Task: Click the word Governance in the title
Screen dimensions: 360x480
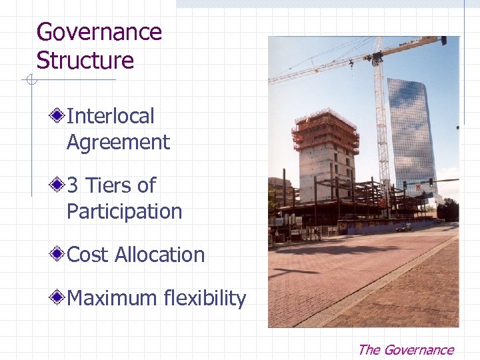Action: [x=99, y=32]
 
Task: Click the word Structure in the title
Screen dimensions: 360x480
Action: [x=85, y=61]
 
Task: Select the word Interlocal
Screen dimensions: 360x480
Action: [x=110, y=116]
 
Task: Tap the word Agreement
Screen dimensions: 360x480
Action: [x=118, y=143]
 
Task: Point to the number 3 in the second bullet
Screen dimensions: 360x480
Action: [x=73, y=185]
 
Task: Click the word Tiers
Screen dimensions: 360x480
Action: [x=109, y=185]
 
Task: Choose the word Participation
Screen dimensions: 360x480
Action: [x=124, y=212]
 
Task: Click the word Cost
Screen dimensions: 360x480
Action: [x=88, y=255]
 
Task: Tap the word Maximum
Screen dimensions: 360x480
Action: [x=111, y=298]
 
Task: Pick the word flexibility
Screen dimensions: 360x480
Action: [x=204, y=298]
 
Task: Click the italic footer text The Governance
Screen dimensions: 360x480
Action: [x=405, y=350]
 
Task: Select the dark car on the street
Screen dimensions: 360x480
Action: [x=404, y=228]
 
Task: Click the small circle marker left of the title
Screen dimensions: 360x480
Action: [x=29, y=81]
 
